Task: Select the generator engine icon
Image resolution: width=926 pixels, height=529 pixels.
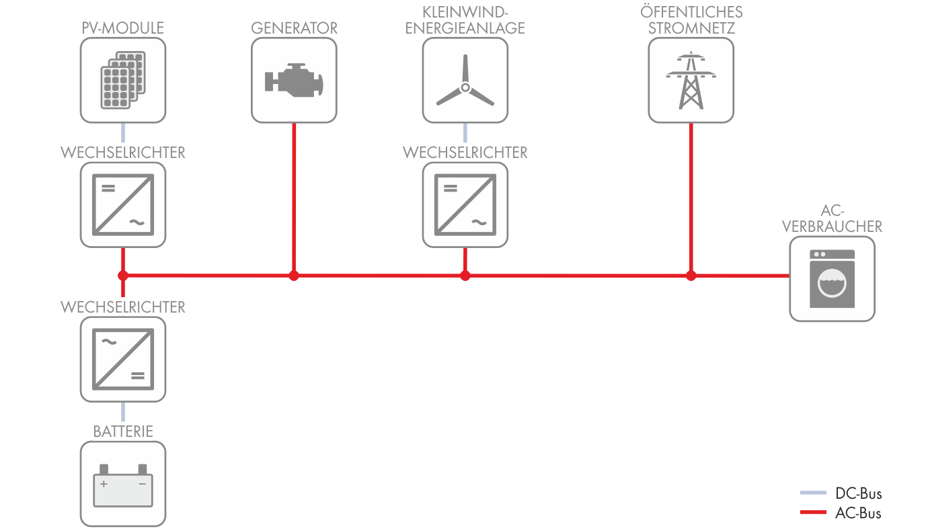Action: tap(294, 80)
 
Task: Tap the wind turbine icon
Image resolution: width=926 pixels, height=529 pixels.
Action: tap(465, 81)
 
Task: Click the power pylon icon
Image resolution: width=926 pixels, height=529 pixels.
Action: tap(691, 80)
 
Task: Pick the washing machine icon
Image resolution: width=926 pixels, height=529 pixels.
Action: tap(833, 278)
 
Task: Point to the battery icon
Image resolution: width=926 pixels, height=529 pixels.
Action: tap(123, 484)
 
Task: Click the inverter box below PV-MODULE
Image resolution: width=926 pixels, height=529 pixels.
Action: tap(123, 204)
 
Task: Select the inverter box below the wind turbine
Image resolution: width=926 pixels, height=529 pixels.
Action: tap(465, 204)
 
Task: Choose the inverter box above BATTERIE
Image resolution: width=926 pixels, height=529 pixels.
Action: tap(123, 359)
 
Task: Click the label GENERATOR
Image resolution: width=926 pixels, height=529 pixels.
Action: tap(294, 28)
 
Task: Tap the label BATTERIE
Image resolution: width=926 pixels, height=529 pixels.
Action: tap(123, 431)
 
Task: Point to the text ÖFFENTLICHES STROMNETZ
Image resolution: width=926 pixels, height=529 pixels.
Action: tap(691, 20)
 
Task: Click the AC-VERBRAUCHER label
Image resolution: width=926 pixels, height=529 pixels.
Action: tap(833, 218)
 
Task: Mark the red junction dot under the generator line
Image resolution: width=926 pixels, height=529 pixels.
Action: tap(293, 275)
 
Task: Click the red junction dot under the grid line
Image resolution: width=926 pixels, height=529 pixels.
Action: tap(691, 275)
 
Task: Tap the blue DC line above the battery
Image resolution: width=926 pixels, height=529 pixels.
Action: tap(123, 411)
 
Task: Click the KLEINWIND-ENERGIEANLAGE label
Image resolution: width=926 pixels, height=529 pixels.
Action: tap(465, 20)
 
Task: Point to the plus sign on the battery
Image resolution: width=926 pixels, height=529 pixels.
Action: tap(104, 484)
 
